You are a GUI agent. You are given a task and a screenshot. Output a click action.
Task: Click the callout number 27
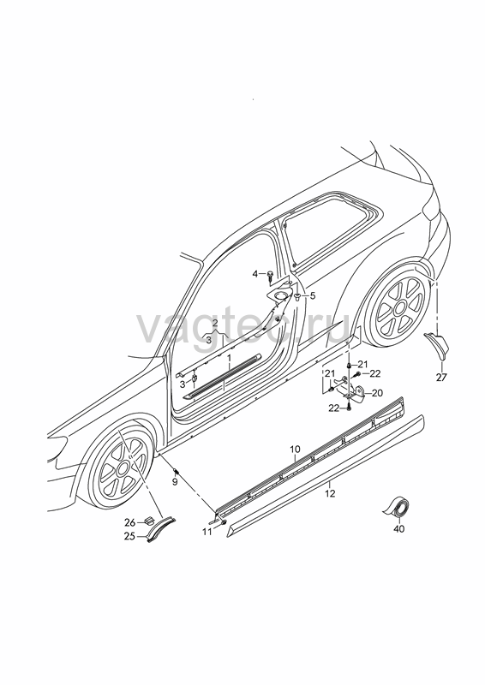coord(441,378)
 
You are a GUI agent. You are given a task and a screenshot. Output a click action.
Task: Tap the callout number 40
coord(399,529)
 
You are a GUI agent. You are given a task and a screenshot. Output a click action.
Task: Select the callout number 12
coord(330,494)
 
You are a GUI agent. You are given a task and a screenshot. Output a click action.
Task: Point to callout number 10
coord(295,449)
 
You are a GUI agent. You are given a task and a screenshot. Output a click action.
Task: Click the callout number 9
coord(175,482)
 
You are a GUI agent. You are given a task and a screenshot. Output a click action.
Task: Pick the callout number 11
coord(207,532)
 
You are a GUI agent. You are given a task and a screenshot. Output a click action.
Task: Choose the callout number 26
coord(129,522)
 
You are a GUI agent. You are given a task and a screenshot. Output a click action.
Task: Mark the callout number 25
coord(129,537)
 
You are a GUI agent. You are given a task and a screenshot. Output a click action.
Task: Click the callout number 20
coord(377,393)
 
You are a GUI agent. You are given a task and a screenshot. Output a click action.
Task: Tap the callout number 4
coord(255,274)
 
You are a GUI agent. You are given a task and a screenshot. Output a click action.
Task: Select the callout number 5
coord(313,295)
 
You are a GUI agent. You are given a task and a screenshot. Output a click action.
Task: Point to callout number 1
coord(228,358)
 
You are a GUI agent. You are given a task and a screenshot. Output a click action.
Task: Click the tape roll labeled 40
coord(397,509)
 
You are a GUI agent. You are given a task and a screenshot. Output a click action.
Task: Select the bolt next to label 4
coord(270,275)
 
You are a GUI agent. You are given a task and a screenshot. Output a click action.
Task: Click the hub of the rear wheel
coord(400,308)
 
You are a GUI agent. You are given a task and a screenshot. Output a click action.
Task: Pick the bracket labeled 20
coord(352,388)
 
